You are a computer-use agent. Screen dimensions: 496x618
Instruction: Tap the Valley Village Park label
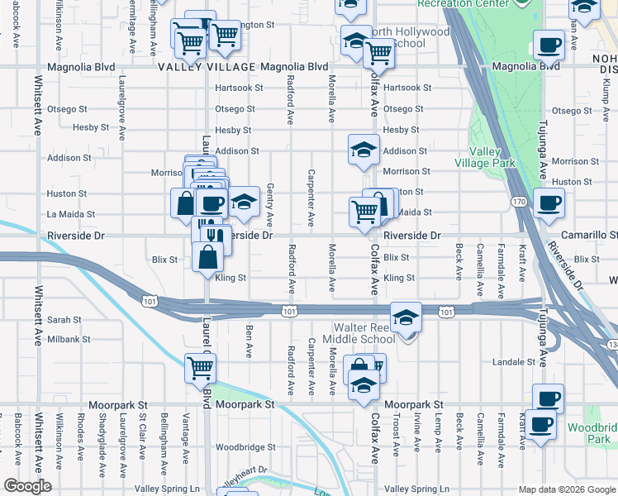point(492,157)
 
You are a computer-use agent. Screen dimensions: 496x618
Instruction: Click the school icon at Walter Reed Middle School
point(406,317)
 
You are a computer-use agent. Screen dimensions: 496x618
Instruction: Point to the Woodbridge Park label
point(592,433)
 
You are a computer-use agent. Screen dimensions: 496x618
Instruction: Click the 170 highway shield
point(518,201)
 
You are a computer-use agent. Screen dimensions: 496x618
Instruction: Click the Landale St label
point(514,362)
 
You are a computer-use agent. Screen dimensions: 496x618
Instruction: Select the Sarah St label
point(64,319)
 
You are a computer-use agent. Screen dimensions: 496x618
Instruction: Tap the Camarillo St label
point(588,236)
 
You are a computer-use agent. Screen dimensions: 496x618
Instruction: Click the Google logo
point(27,486)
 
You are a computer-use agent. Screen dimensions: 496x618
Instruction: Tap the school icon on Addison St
point(362,150)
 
